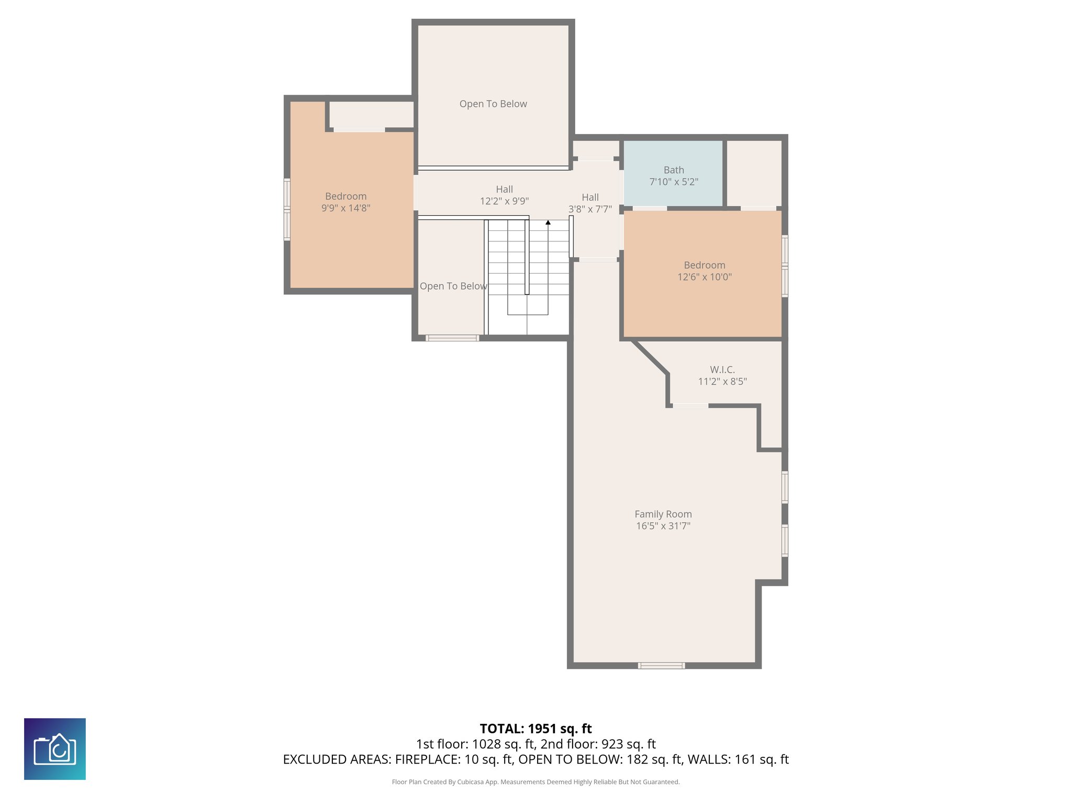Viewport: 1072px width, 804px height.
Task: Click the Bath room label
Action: click(674, 170)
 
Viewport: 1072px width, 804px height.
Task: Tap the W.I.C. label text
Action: click(722, 370)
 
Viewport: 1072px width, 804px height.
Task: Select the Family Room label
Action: click(663, 514)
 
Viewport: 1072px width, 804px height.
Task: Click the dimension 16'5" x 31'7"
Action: click(663, 526)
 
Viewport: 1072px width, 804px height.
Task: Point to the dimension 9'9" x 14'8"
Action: click(346, 208)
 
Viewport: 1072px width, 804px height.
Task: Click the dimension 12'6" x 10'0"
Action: click(705, 277)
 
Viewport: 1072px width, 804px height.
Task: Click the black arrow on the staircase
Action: click(548, 222)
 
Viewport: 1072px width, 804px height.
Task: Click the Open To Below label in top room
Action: click(493, 104)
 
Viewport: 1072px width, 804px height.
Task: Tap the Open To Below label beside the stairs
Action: click(453, 286)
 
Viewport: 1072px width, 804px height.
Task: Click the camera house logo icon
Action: click(55, 749)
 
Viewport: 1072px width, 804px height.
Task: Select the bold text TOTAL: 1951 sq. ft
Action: click(535, 729)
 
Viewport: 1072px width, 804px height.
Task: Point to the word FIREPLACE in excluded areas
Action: click(427, 760)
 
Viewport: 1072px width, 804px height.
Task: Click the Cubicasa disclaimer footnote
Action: click(535, 782)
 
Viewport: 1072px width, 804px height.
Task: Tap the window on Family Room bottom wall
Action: click(661, 666)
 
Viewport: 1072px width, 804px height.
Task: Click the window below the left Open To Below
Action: click(452, 338)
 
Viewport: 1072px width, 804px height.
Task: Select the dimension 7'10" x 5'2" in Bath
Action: click(674, 182)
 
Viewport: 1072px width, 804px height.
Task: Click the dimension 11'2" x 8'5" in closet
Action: click(722, 382)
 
